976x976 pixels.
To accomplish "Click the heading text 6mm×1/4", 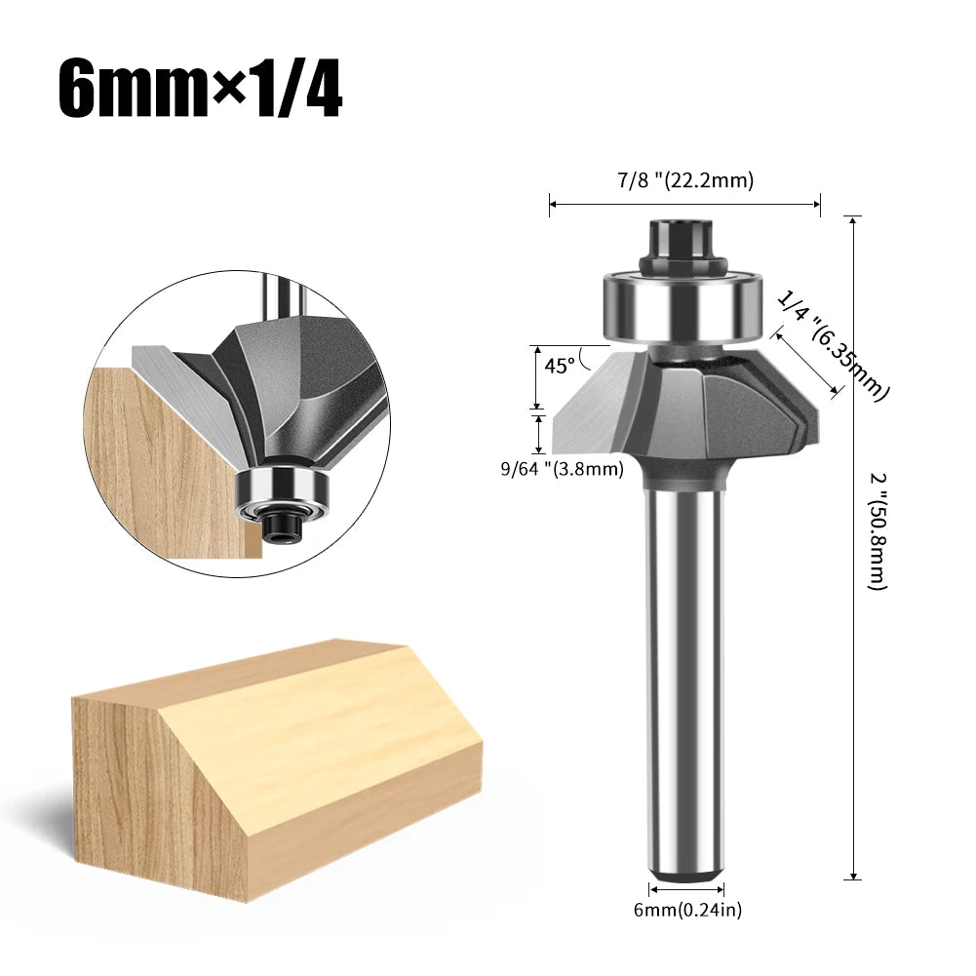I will point(200,89).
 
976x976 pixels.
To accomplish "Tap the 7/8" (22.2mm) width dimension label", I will point(684,179).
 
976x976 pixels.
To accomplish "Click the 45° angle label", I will point(559,366).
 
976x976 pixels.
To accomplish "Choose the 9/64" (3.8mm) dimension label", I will point(562,469).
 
